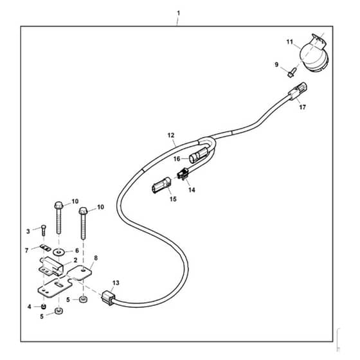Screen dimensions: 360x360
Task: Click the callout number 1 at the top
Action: (x=179, y=14)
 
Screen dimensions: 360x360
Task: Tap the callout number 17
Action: (x=302, y=107)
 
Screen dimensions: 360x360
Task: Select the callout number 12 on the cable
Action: (x=171, y=135)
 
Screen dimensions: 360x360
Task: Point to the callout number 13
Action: (x=116, y=283)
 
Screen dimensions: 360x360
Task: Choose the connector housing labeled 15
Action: (x=161, y=185)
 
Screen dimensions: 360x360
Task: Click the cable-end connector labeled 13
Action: (x=108, y=298)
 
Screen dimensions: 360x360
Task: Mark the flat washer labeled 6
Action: (x=59, y=252)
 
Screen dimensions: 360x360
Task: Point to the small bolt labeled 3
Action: (x=44, y=230)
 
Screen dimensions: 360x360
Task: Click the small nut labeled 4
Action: (x=43, y=307)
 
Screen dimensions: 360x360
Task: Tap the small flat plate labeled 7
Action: (x=46, y=248)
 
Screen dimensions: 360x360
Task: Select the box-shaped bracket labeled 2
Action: (x=51, y=266)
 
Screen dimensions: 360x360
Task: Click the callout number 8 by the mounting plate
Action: (x=96, y=258)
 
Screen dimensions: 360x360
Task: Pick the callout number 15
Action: (x=173, y=199)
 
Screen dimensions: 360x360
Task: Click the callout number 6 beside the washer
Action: (x=77, y=251)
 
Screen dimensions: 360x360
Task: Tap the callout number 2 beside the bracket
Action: (x=75, y=260)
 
